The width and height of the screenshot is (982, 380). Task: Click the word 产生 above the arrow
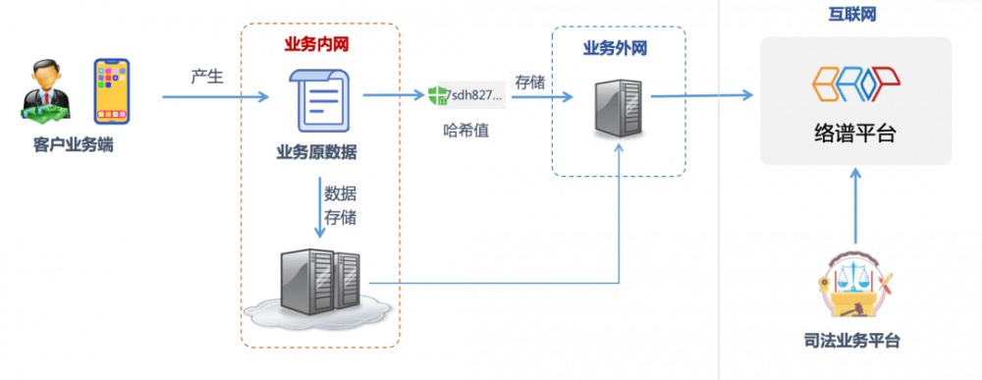click(x=208, y=77)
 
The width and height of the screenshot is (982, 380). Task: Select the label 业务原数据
click(x=316, y=152)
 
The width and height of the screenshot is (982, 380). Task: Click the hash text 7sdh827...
click(x=475, y=95)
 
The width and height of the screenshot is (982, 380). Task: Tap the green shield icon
click(x=437, y=95)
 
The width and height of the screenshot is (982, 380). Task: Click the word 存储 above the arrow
click(x=529, y=82)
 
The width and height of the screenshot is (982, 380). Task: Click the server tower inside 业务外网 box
click(x=620, y=107)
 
